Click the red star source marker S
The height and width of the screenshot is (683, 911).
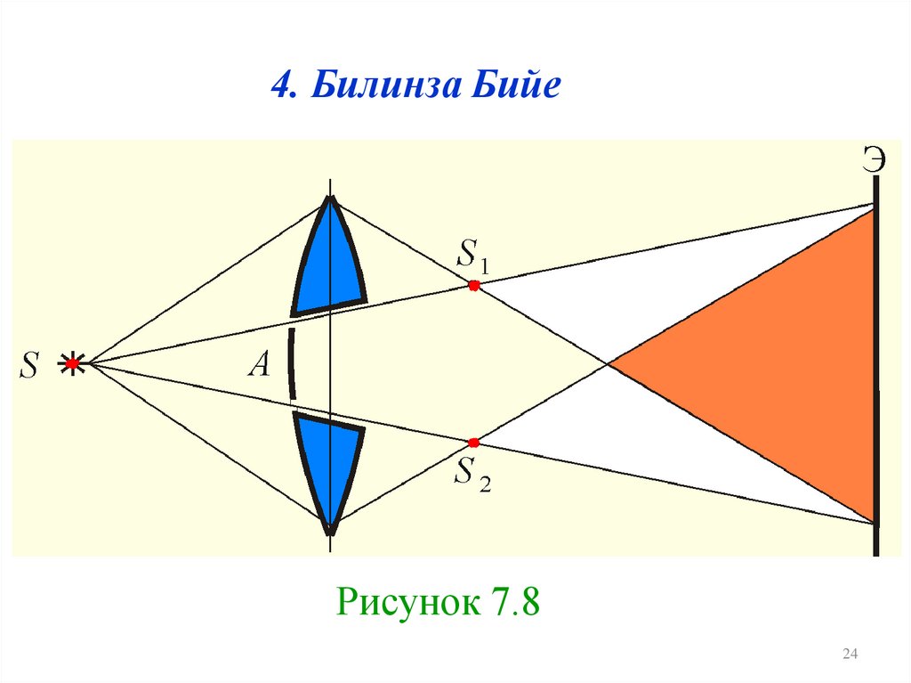click(73, 363)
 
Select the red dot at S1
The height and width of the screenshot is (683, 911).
click(473, 285)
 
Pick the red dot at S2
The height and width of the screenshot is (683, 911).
click(473, 442)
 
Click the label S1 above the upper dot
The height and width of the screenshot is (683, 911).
click(472, 256)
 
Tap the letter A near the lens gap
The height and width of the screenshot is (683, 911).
click(259, 365)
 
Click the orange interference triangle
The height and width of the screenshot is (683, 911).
click(783, 365)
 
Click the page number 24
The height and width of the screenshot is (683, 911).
click(849, 655)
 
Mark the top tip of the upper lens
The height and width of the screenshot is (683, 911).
click(330, 198)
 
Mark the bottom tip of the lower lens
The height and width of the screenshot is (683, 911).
click(330, 532)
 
